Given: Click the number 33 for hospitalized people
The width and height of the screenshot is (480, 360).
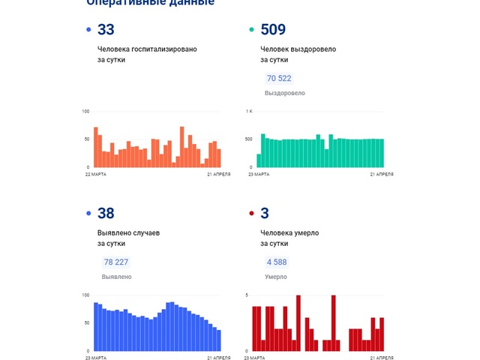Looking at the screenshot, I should [106, 30].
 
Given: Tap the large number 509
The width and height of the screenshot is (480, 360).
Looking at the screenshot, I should [273, 30].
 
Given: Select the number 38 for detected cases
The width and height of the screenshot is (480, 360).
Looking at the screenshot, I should [106, 214].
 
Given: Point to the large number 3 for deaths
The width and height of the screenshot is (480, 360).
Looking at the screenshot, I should [265, 214].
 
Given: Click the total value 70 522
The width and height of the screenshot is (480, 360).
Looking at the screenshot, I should [279, 79].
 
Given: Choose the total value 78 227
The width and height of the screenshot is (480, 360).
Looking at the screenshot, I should [115, 262].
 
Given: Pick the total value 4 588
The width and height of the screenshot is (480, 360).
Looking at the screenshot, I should [276, 262].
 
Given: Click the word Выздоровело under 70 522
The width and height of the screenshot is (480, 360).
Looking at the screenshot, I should [285, 93].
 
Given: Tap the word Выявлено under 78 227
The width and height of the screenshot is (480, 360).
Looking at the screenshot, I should [117, 277].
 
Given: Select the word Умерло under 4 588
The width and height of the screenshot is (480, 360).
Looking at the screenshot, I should [277, 277].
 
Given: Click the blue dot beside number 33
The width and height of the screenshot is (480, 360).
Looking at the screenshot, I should [89, 30].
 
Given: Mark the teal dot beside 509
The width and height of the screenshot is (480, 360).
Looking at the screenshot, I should [251, 30].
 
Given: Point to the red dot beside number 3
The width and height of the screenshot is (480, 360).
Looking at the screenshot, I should [251, 214].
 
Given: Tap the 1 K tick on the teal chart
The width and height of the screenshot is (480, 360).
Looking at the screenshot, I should [250, 112].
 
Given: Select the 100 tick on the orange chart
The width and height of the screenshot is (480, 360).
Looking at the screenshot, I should [85, 112].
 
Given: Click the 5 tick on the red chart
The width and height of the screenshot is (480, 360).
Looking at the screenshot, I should [247, 295].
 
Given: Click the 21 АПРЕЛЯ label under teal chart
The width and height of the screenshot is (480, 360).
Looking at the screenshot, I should [382, 175].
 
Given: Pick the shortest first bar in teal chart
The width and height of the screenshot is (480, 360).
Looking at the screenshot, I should [259, 160].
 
